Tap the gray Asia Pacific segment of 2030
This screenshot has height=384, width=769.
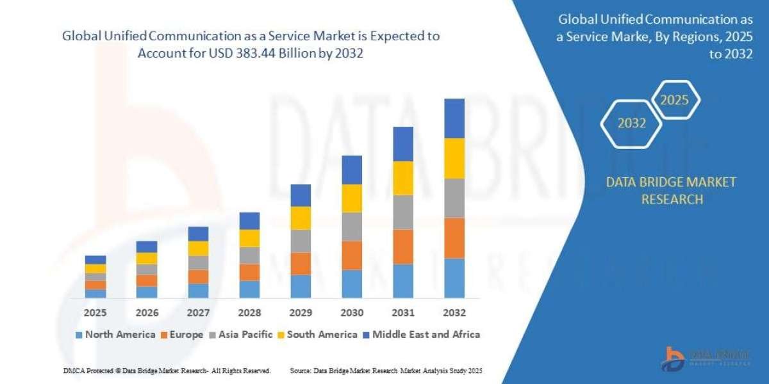click(352, 227)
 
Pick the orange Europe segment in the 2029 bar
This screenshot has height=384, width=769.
click(301, 264)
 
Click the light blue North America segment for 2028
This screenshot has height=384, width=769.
click(249, 289)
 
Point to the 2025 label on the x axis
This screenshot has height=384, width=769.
click(95, 313)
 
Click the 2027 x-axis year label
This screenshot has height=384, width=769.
click(198, 313)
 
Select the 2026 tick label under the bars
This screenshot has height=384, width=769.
click(147, 313)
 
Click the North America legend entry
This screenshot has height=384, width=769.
click(115, 334)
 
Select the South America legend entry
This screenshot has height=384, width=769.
click(317, 334)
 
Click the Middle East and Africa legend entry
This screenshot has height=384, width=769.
click(421, 334)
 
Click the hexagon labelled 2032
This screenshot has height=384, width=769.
click(632, 124)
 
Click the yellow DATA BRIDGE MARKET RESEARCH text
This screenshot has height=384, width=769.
click(671, 191)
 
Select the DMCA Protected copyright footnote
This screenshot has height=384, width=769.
click(167, 371)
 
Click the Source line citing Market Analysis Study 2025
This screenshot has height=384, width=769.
click(386, 371)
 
